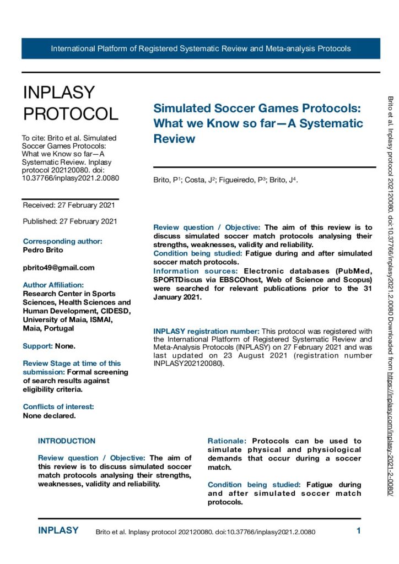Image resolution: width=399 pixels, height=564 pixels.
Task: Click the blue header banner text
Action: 201,48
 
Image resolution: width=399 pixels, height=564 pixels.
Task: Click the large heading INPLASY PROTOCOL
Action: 70,103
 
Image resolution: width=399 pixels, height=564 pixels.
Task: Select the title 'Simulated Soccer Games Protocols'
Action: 257,109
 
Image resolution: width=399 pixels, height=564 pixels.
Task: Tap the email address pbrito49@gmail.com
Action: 58,268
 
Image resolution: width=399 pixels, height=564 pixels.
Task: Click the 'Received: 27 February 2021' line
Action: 69,205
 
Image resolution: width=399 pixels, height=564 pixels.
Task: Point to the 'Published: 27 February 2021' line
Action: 69,221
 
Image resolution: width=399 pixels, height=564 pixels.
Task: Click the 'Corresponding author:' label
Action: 62,241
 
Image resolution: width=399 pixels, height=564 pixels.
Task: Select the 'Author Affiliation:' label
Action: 53,285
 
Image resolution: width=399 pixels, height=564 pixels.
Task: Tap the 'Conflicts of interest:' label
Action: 58,391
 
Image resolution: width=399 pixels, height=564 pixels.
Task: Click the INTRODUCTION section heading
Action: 67,441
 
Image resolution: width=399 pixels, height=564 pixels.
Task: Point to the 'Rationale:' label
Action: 227,441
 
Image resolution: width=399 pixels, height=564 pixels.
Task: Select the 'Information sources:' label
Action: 196,271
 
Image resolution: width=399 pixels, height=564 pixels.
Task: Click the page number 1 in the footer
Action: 358,531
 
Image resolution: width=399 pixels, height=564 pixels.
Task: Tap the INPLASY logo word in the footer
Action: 58,531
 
